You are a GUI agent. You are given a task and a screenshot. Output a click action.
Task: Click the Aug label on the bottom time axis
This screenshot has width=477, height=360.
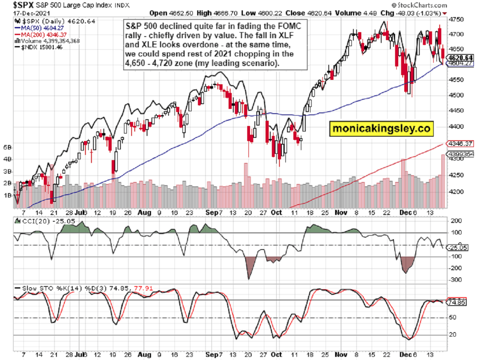click(145, 213)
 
